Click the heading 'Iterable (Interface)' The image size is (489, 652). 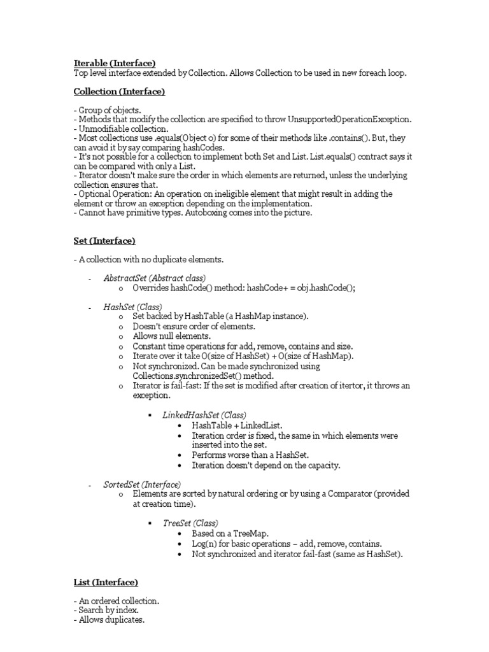tap(115, 63)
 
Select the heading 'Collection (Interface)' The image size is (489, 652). tap(119, 92)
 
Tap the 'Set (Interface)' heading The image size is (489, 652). tap(104, 241)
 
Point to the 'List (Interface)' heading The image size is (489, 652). tap(106, 582)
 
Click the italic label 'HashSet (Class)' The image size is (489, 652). tap(132, 307)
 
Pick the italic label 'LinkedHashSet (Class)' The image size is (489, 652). tap(204, 415)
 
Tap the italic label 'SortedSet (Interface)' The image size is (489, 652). tap(142, 485)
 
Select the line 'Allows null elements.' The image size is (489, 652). tap(171, 336)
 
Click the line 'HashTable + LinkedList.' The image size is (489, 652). tap(237, 425)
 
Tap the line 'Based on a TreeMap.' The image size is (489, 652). tap(230, 534)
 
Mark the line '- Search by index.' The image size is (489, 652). tap(106, 610)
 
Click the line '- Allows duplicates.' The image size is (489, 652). tap(109, 620)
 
